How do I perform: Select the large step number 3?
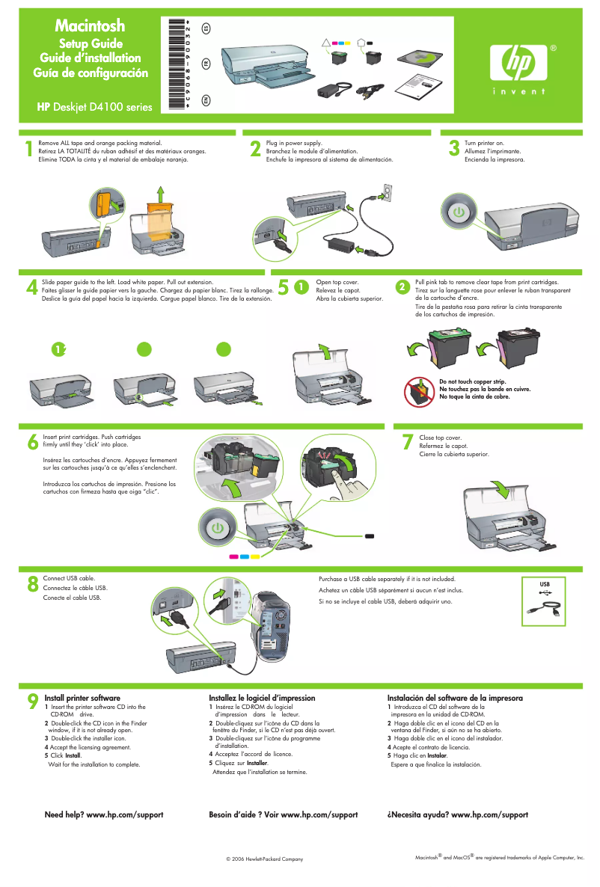[x=453, y=149]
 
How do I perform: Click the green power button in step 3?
[x=458, y=212]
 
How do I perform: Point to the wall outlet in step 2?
[x=386, y=193]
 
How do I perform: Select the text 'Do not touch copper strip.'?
[x=473, y=382]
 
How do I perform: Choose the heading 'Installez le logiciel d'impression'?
[x=262, y=698]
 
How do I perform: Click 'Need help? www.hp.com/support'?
[x=104, y=814]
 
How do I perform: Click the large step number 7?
[x=407, y=443]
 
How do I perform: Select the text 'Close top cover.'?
[x=441, y=438]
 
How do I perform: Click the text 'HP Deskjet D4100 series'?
[x=94, y=107]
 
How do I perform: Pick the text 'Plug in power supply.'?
[x=294, y=142]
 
